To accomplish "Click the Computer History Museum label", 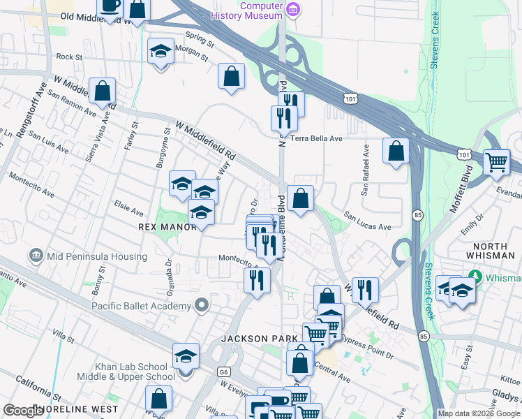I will click(x=262, y=10).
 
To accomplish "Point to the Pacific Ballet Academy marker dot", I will click(x=202, y=305).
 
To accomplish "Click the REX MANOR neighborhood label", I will click(x=168, y=227).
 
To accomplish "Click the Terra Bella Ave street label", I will click(x=316, y=138).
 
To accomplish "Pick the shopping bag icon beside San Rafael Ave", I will click(x=396, y=150).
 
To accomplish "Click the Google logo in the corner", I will click(x=24, y=411).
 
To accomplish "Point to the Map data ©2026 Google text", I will click(x=479, y=413).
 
